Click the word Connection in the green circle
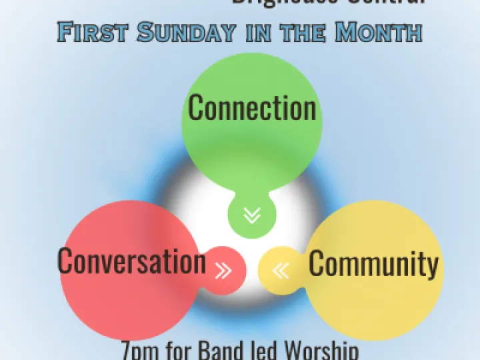[x=252, y=108]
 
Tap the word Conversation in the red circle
[x=131, y=261]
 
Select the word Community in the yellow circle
[x=373, y=264]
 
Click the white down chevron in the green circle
[x=252, y=215]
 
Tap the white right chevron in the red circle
[x=223, y=270]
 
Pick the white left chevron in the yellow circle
[x=281, y=270]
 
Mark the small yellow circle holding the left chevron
[x=280, y=270]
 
